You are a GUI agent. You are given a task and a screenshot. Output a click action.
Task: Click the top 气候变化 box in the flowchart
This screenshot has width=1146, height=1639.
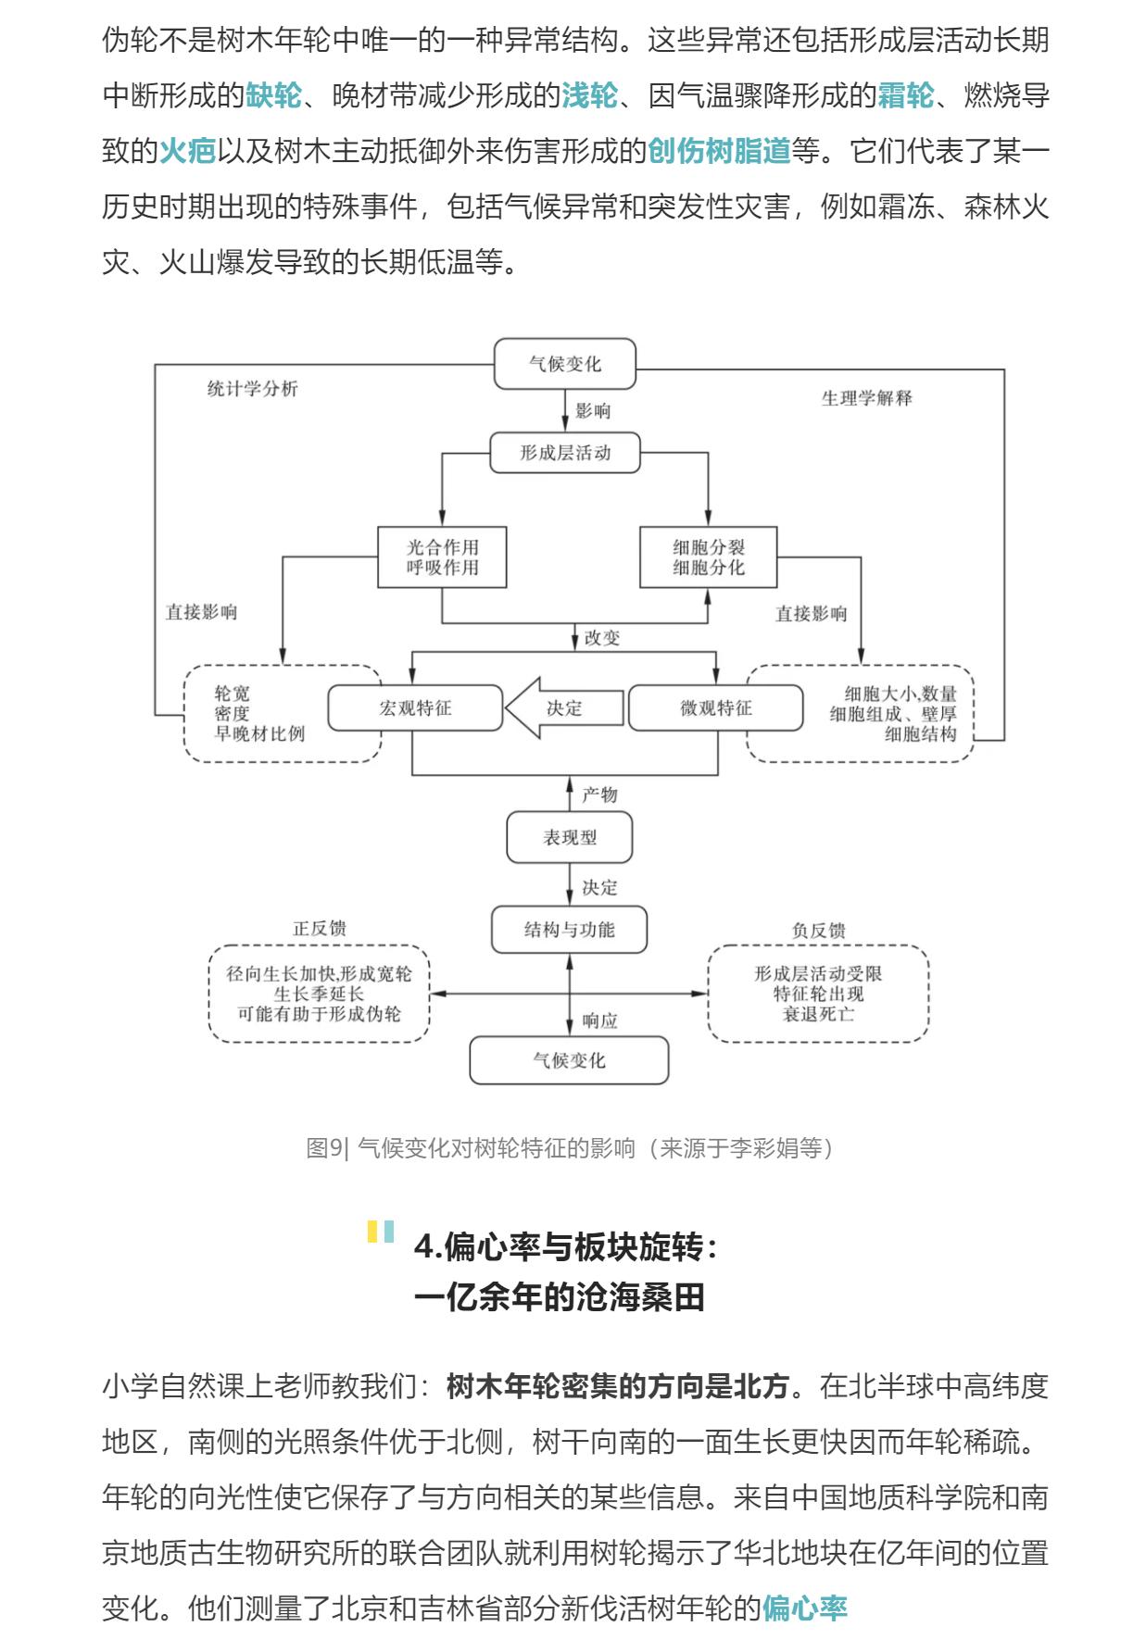click(x=564, y=364)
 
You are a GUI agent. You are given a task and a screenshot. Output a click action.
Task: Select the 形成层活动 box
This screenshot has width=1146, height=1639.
click(x=564, y=453)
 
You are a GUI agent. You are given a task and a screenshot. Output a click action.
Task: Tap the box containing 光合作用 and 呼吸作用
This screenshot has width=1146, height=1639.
click(x=442, y=557)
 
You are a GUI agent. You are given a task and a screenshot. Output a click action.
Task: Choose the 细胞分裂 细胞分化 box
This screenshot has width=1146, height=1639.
click(x=708, y=557)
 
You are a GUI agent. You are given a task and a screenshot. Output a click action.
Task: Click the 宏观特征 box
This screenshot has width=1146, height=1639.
click(x=415, y=708)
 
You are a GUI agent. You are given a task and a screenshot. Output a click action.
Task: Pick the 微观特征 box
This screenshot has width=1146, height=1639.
click(x=715, y=708)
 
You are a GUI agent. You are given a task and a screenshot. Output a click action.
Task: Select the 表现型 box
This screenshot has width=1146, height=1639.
click(x=569, y=838)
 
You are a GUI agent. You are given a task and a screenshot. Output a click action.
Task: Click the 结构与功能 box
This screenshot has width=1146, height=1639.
click(x=569, y=930)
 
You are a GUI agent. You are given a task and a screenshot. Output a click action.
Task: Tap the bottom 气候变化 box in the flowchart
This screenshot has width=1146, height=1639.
click(x=569, y=1060)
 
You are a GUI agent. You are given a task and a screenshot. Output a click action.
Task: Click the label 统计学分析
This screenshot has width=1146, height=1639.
click(x=252, y=389)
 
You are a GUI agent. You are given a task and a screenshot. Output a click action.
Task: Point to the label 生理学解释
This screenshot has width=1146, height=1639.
click(x=866, y=398)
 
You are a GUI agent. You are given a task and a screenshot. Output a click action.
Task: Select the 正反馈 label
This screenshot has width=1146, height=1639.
click(x=320, y=928)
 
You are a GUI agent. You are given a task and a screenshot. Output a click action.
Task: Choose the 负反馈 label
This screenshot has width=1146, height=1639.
click(x=818, y=931)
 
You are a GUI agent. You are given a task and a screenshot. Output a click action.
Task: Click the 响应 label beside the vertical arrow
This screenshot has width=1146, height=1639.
click(x=599, y=1021)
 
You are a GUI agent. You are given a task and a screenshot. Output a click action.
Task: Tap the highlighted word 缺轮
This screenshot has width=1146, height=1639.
click(x=273, y=95)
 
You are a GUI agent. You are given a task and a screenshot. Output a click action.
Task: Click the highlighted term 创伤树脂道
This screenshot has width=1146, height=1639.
click(x=719, y=151)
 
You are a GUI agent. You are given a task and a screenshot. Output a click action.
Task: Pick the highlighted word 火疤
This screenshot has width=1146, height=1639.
click(x=187, y=151)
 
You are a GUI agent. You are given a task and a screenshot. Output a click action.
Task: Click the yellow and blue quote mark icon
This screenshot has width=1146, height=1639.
click(x=381, y=1232)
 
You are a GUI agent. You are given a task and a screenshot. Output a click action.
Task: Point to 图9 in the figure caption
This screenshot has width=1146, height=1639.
click(x=324, y=1148)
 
